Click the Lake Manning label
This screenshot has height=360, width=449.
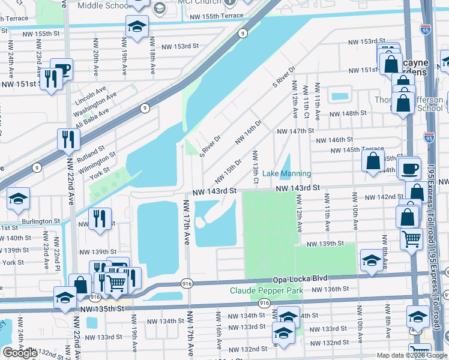pos(287,174)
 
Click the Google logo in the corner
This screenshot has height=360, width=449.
pos(20,353)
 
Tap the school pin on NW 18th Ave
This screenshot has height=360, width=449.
pos(137,27)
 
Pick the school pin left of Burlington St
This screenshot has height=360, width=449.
pos(19,199)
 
